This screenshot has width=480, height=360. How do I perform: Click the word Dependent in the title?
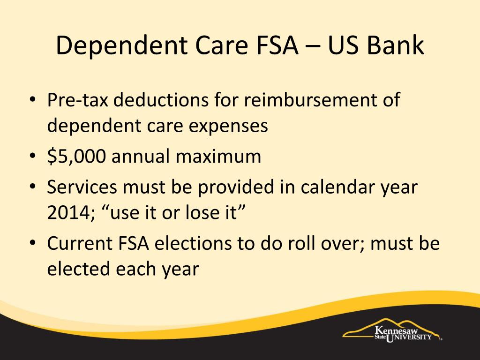tap(121, 45)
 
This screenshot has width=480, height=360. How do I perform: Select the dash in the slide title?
tap(313, 47)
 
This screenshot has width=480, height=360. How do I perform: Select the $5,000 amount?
tap(76, 156)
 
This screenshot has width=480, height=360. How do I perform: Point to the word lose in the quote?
tap(201, 212)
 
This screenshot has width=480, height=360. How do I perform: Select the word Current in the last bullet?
tap(80, 243)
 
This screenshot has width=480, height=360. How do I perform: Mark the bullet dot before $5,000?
tap(33, 156)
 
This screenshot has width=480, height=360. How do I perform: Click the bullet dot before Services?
tap(33, 187)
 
